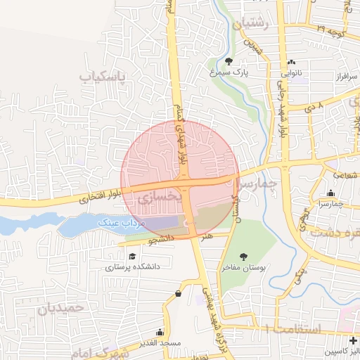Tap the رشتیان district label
tap(255, 23)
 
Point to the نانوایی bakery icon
tap(292, 60)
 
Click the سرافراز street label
tap(329, 75)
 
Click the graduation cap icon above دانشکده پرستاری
tap(132, 255)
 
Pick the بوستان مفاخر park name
tap(243, 268)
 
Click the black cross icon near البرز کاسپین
tap(352, 340)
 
